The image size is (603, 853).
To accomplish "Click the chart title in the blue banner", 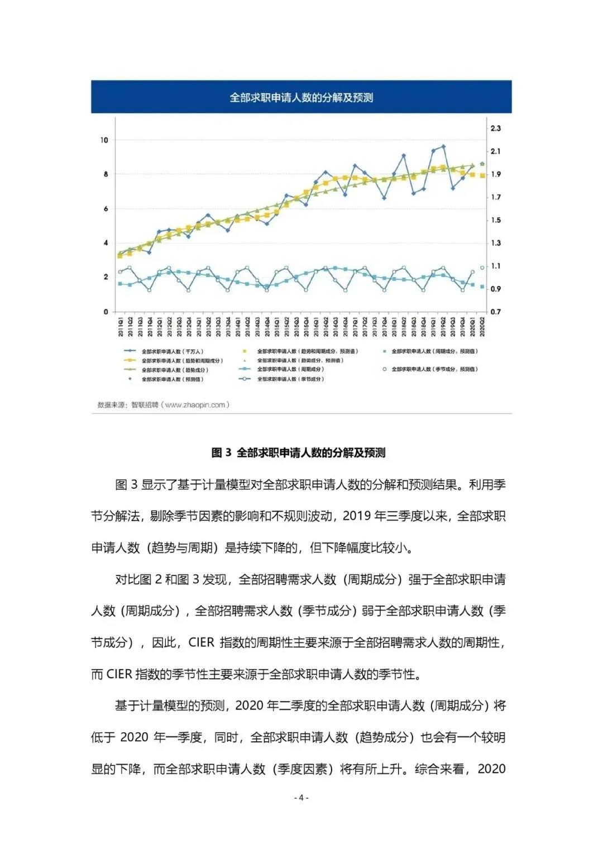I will (301, 98).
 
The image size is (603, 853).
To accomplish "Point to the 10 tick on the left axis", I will (104, 140).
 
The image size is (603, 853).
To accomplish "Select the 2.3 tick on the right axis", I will (495, 128).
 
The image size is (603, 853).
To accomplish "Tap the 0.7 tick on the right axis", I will (495, 312).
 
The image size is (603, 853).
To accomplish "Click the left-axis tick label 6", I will (106, 209).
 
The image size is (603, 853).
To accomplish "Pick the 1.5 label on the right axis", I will (495, 220).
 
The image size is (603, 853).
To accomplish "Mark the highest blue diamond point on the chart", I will (443, 146).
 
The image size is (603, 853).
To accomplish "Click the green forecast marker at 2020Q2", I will (482, 164).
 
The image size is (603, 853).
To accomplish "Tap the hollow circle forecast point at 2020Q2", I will (482, 268).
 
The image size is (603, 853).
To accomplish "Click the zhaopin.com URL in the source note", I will (195, 405).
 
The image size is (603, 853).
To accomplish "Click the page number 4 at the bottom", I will (301, 798).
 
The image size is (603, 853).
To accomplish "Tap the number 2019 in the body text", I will (357, 516).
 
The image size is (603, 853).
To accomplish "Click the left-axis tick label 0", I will (106, 312).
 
